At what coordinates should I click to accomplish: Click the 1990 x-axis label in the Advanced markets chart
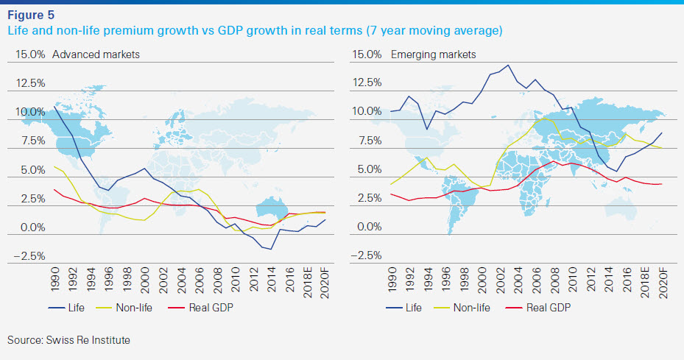coord(56,279)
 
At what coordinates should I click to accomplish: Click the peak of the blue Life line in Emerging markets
coord(508,65)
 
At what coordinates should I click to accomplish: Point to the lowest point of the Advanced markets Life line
coord(271,250)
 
